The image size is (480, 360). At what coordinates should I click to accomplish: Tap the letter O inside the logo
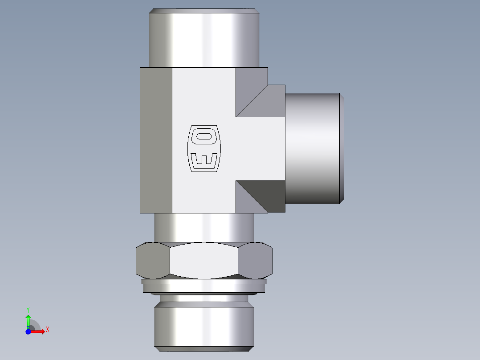[204, 136]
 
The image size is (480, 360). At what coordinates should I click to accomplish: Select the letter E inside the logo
[204, 160]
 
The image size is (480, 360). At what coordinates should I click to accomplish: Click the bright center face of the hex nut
[204, 261]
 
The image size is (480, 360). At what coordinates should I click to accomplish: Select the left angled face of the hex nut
[152, 261]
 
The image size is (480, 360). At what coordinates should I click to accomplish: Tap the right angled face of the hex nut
[256, 261]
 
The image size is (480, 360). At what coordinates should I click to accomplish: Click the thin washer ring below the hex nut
[204, 282]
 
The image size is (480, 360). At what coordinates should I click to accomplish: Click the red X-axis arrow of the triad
[38, 331]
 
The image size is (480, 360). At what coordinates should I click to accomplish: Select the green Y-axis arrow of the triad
[28, 320]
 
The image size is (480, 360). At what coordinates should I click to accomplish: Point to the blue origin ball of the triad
[28, 331]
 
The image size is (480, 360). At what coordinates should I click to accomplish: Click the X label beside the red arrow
[48, 330]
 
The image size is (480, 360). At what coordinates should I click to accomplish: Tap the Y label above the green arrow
[28, 309]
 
